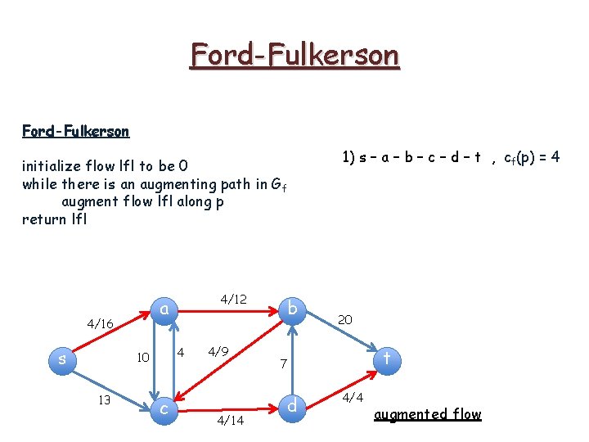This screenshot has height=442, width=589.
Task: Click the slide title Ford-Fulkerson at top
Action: [294, 56]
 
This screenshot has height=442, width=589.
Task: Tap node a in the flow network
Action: [164, 309]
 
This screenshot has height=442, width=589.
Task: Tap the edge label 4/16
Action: [99, 324]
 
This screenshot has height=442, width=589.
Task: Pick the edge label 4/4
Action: [353, 399]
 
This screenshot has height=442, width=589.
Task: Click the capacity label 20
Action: [345, 320]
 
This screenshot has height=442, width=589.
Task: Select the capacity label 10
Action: [142, 358]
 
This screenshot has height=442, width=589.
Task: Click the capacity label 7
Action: [282, 363]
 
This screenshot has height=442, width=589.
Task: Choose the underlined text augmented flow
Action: [427, 414]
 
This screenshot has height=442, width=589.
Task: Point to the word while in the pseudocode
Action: [39, 184]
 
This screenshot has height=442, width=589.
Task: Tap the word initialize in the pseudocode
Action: [52, 167]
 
